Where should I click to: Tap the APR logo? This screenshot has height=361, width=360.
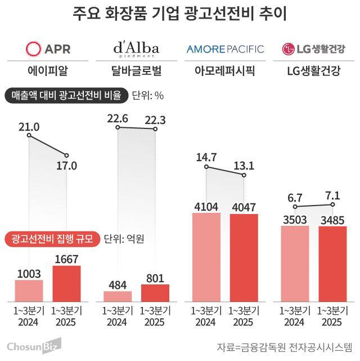click(x=49, y=48)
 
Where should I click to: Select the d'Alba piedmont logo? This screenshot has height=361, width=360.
click(x=136, y=48)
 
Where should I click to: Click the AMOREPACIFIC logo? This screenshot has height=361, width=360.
click(x=224, y=49)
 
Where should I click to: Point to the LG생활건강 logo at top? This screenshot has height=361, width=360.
click(x=313, y=49)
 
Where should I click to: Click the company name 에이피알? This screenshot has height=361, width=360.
click(x=49, y=71)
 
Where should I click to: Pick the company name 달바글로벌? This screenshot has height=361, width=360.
click(x=136, y=71)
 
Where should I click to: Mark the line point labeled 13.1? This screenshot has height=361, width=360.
click(x=244, y=175)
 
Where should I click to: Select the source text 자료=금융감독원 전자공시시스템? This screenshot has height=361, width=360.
click(x=285, y=345)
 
